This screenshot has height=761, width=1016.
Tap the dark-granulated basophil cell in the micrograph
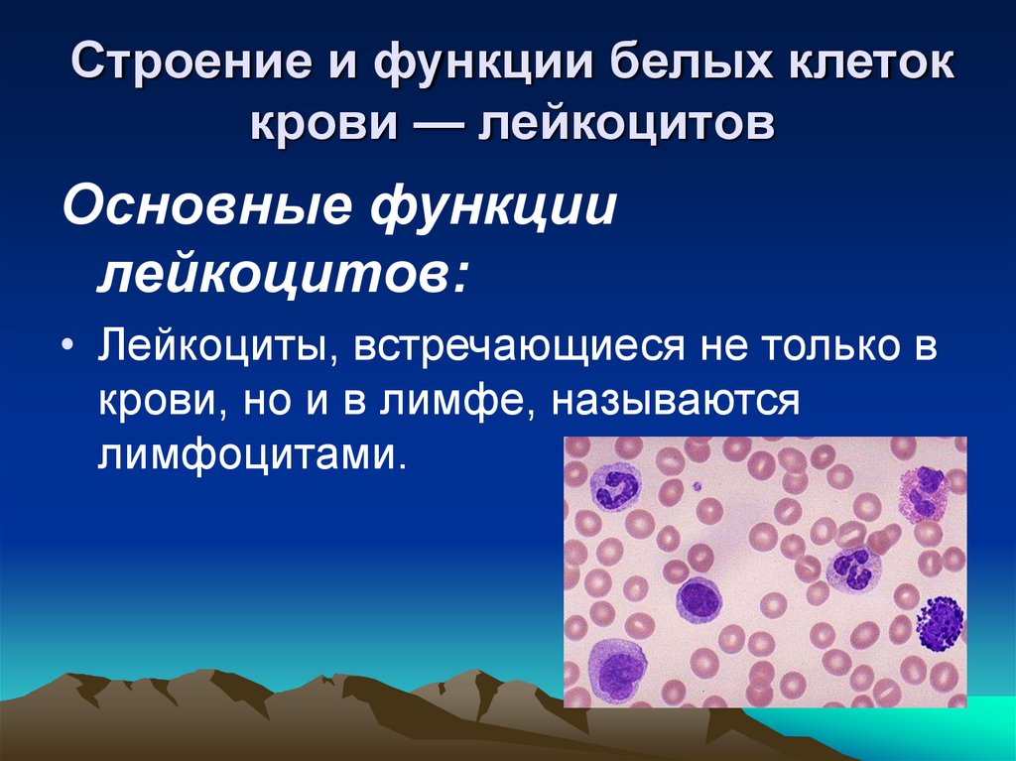[x=939, y=622]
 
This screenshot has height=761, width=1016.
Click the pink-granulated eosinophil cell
[x=925, y=493]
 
